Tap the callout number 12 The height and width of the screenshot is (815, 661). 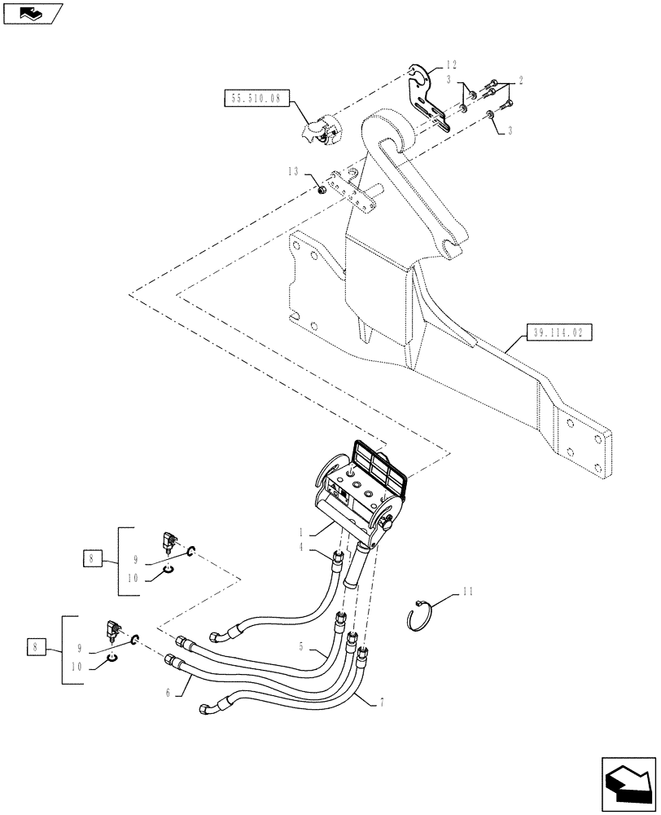coord(452,65)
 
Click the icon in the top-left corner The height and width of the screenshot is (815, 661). coord(33,12)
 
